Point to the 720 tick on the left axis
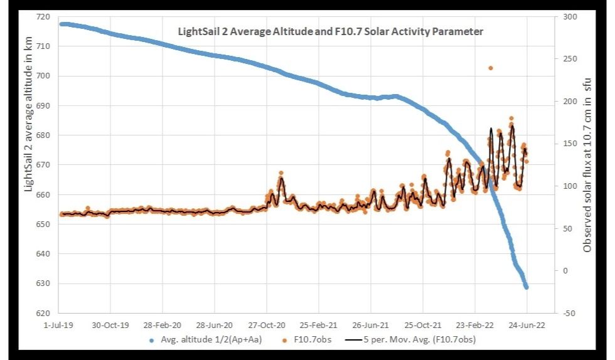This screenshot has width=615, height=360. coord(45,16)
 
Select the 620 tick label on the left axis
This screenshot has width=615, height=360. coord(45,313)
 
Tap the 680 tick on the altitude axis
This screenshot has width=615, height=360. coord(45,135)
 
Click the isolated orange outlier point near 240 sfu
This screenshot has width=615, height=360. coord(491,68)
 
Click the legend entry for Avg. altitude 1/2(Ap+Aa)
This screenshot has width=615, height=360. coord(205,341)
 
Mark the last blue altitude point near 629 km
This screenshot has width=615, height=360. coord(527,287)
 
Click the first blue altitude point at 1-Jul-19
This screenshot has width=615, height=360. coord(61,24)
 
